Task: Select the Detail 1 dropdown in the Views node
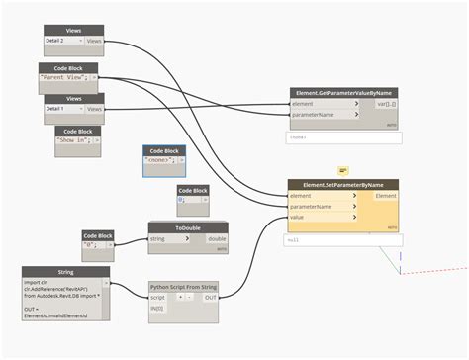(63, 108)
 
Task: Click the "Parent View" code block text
(66, 76)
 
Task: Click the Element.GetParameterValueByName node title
(344, 93)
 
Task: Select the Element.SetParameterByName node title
(342, 185)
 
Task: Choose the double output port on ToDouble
(217, 238)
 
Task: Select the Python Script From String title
(184, 286)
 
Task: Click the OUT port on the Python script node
(210, 297)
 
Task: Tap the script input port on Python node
(159, 297)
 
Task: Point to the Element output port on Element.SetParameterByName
(386, 196)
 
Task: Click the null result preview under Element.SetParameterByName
(342, 239)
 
